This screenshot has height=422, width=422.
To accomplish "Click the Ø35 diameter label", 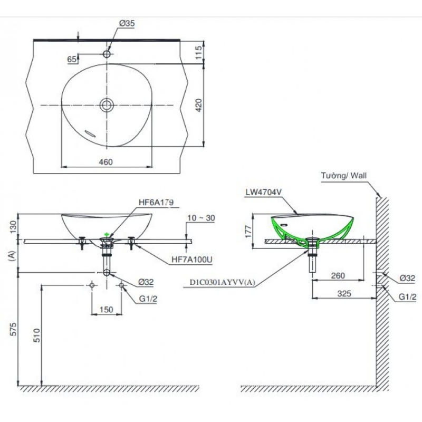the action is [127, 23].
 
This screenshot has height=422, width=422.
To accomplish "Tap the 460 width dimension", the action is [106, 162].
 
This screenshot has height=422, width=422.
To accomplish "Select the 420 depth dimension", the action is [198, 105].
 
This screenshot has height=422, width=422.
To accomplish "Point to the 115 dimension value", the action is [198, 52].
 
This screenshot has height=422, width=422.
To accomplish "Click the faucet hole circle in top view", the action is [107, 54].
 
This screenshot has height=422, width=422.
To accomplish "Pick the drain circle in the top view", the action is [107, 105].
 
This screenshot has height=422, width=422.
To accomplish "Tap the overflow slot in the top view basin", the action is [90, 133].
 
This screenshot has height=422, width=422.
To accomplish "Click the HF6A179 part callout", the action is [156, 202].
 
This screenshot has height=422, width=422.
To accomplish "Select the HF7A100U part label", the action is [192, 260].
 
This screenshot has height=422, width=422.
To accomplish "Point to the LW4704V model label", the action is [263, 192].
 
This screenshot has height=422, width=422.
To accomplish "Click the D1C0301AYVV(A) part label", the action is [222, 282].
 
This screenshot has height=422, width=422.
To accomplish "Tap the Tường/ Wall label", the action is [344, 176].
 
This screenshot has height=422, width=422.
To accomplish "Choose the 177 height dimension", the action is [248, 231].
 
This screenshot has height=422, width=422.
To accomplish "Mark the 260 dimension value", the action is [338, 275].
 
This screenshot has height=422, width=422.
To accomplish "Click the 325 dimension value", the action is [344, 293].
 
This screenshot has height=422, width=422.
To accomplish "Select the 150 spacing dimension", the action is [107, 310].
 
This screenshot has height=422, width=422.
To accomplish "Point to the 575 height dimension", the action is [13, 329].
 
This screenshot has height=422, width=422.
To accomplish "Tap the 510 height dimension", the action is [37, 335].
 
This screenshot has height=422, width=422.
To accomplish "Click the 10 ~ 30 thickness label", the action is [202, 218].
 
